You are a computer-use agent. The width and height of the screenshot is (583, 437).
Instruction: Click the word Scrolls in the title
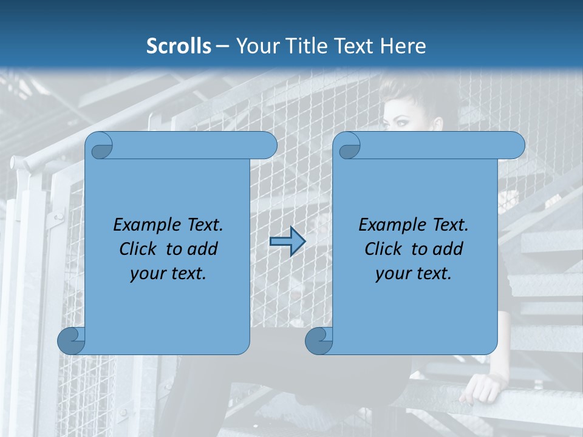tap(179, 46)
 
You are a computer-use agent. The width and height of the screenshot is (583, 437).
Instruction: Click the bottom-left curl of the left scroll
tap(71, 341)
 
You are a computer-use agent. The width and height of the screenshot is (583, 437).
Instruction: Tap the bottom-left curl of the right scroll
tap(319, 341)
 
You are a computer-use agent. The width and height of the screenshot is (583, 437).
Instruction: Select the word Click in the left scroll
tap(139, 249)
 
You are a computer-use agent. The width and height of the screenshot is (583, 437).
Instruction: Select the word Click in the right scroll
tap(383, 249)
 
